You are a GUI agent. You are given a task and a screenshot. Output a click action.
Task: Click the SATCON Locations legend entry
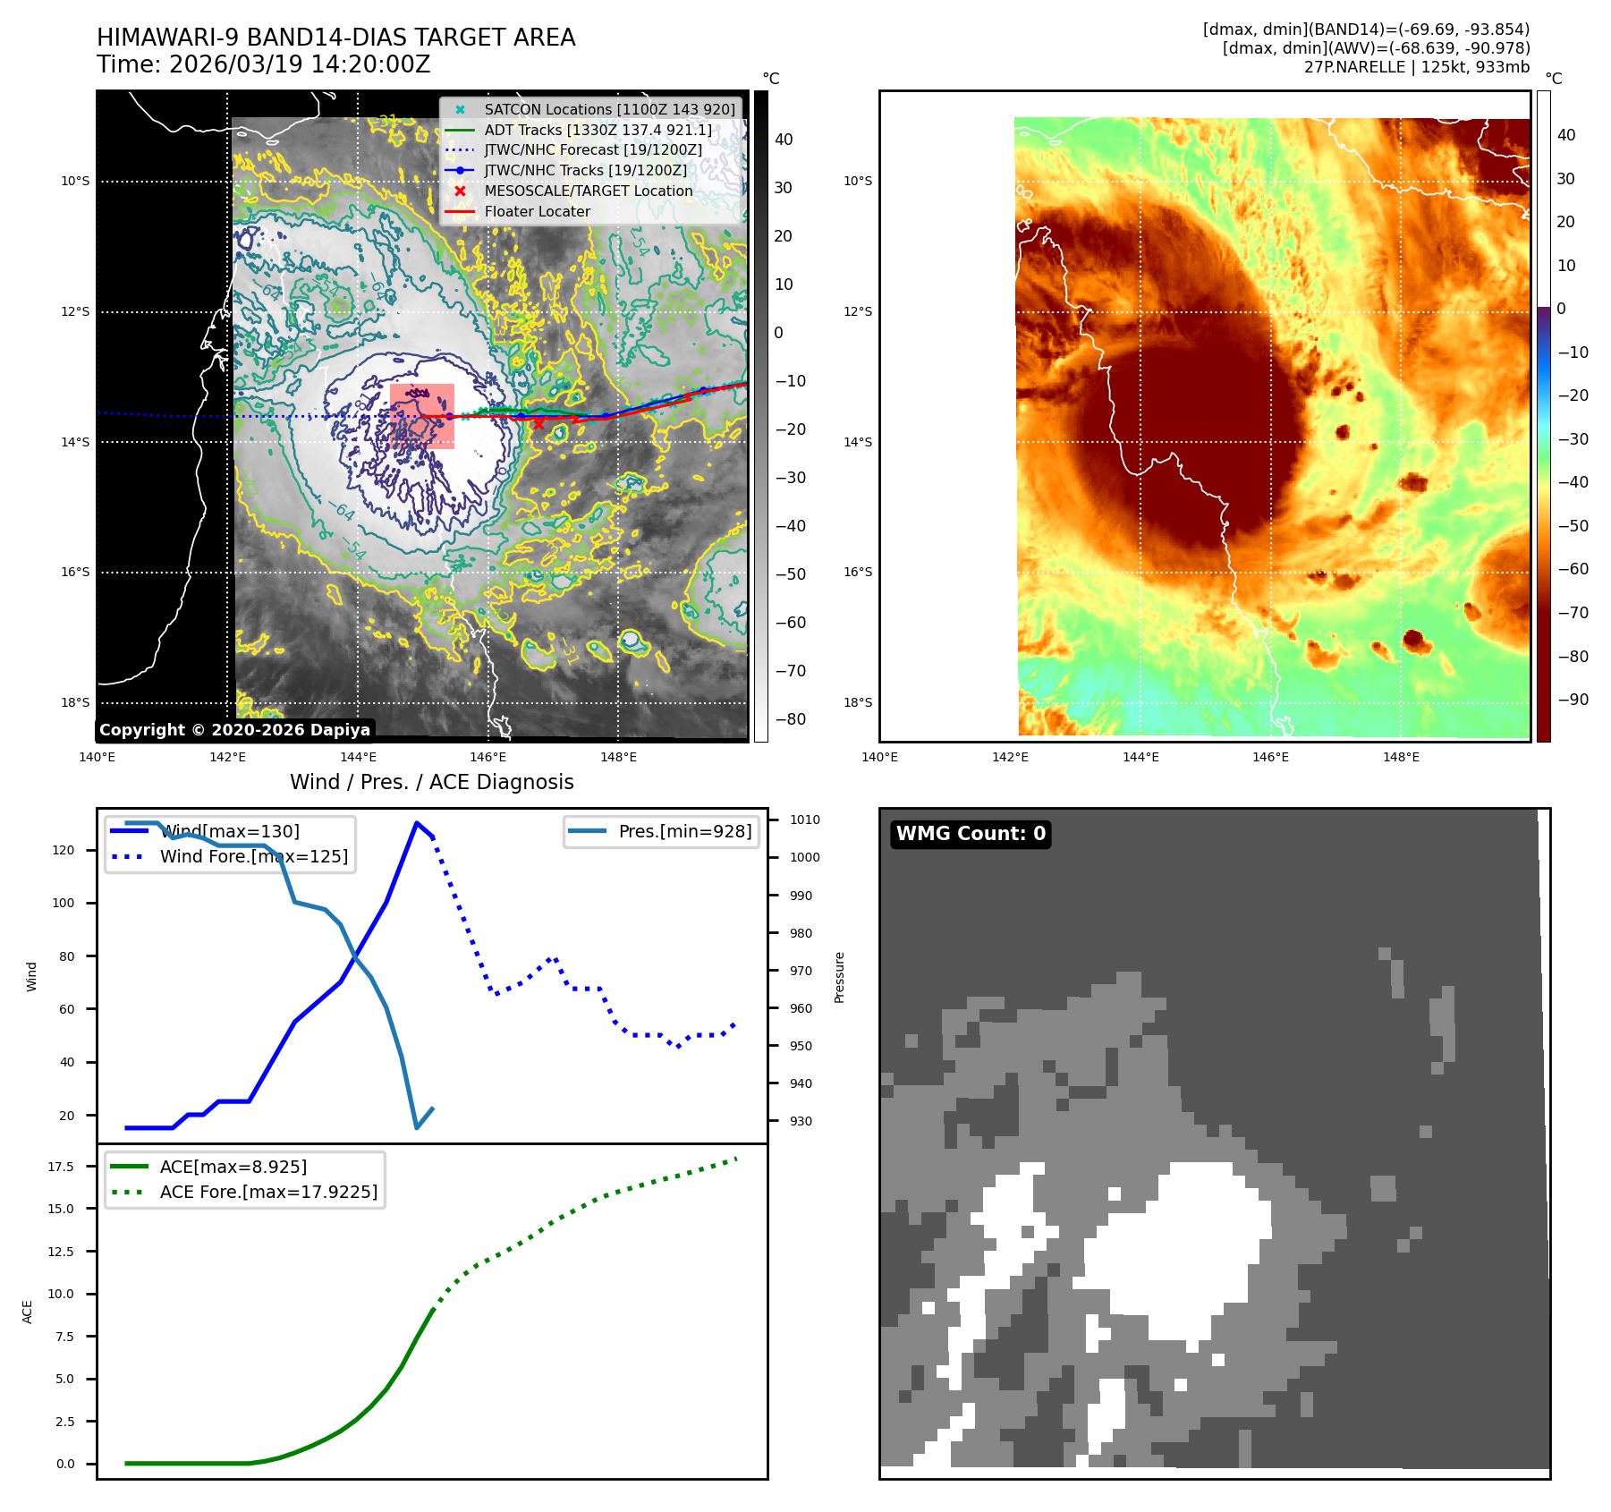(x=609, y=109)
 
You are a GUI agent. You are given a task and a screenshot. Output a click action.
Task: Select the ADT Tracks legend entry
(x=598, y=130)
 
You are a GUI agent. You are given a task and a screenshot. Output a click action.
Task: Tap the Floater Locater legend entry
(x=537, y=212)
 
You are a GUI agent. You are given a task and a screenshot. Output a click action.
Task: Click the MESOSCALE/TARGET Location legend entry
(x=588, y=191)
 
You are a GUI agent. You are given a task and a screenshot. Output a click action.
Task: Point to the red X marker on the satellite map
(x=538, y=424)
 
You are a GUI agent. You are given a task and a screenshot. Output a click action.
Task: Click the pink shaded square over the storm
(x=422, y=416)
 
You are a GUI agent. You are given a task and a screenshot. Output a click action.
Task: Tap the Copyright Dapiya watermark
(x=234, y=730)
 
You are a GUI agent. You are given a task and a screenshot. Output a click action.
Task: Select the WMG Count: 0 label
(x=971, y=834)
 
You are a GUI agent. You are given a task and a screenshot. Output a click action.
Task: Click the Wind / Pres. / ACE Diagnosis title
(x=431, y=782)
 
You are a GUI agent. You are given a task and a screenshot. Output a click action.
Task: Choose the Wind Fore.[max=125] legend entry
(x=253, y=856)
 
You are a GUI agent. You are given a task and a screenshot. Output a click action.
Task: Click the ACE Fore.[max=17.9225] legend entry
(x=267, y=1192)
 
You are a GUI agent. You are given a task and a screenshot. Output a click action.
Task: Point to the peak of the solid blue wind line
(x=417, y=823)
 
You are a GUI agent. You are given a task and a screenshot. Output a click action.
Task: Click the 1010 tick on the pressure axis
(x=804, y=820)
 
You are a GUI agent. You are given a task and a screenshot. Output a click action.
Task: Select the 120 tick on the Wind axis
(x=64, y=850)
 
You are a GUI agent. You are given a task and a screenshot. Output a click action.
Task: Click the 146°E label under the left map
(x=488, y=758)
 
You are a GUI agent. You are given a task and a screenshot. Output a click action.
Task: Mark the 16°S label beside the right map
(x=857, y=573)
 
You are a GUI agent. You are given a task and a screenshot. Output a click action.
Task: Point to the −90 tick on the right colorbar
(x=1573, y=700)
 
